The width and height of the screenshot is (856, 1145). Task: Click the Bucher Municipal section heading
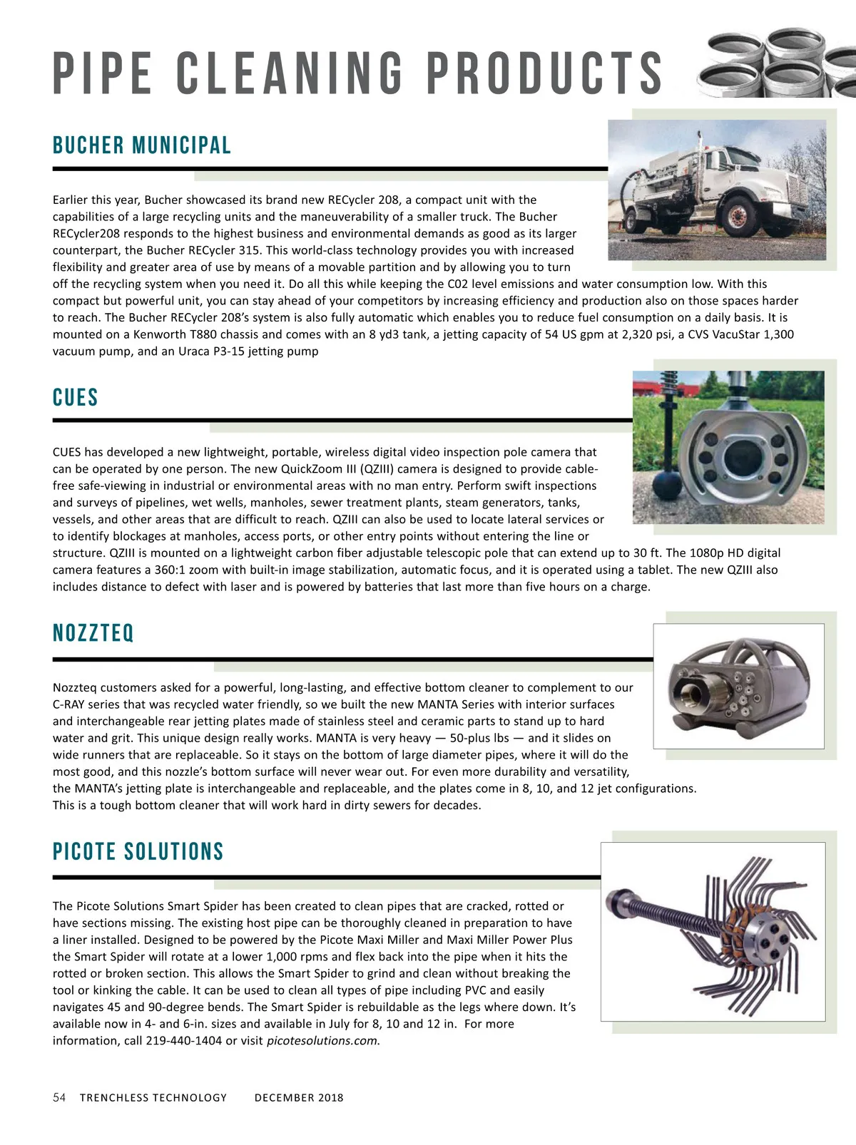coord(142,145)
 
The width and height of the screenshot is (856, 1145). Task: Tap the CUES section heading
coord(75,397)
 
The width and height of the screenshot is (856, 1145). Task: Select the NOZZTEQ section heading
coord(93,633)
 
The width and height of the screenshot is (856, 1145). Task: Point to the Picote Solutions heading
coord(138,851)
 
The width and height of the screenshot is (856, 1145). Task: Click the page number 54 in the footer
coord(59,1097)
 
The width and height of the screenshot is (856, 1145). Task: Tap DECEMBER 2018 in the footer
coord(299,1098)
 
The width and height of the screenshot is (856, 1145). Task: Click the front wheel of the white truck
coord(738,217)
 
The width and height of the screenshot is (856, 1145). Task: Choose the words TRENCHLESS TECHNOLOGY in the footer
coord(153,1098)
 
